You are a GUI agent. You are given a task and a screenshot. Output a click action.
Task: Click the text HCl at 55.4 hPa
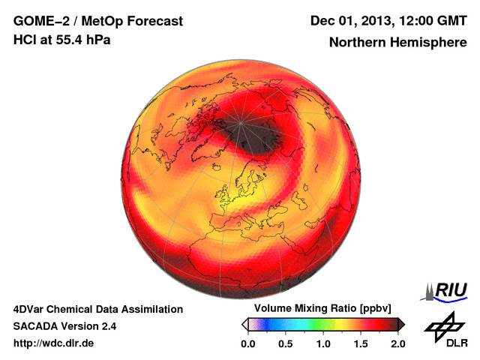pos(61,40)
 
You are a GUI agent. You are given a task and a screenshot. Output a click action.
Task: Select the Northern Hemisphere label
pos(397,42)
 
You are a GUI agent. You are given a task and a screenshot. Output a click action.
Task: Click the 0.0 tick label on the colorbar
pos(248,343)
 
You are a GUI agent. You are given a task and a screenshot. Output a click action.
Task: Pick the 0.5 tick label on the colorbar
pos(286,343)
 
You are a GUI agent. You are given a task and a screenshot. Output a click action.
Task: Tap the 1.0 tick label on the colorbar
pos(323,343)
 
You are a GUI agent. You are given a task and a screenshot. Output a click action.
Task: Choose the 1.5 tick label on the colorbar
pos(361,343)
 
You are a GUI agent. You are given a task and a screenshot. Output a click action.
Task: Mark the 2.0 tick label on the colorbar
pos(397,343)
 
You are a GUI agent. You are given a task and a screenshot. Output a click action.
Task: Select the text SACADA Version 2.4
pos(64,326)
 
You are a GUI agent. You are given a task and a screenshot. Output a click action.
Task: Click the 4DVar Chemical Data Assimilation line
pos(97,309)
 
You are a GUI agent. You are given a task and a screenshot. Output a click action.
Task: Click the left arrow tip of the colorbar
pos(244,324)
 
